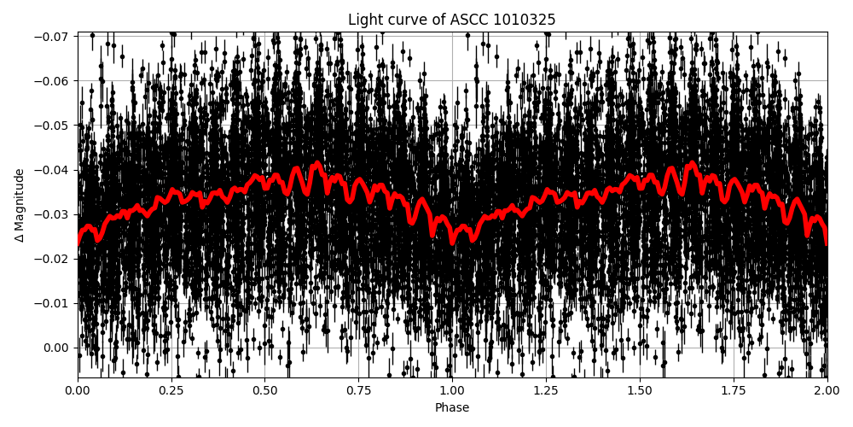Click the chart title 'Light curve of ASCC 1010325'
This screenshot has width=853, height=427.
click(x=452, y=20)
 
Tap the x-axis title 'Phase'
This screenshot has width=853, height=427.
click(x=452, y=408)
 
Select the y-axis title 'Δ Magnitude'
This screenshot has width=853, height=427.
click(x=20, y=205)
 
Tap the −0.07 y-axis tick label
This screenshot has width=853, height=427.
click(x=54, y=37)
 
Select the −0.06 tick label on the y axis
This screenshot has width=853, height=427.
click(x=54, y=81)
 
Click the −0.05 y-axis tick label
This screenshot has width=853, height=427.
click(x=54, y=126)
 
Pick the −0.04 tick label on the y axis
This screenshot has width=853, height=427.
click(x=54, y=170)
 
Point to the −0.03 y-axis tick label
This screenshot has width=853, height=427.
click(x=54, y=214)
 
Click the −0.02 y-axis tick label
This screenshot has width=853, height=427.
click(x=54, y=259)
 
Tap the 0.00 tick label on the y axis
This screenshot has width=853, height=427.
click(x=57, y=348)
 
